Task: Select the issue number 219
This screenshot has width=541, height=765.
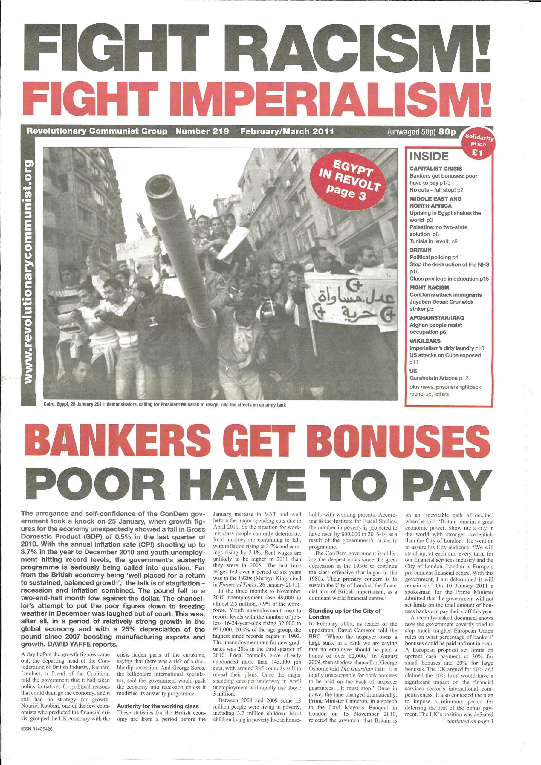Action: (x=219, y=131)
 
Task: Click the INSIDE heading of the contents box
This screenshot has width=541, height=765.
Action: (x=429, y=156)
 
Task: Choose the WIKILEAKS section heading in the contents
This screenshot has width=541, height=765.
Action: (x=425, y=341)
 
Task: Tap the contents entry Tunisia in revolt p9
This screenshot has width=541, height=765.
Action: (x=433, y=241)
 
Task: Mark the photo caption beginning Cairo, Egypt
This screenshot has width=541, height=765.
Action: (x=165, y=405)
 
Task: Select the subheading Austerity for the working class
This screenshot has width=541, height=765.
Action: (x=158, y=694)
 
